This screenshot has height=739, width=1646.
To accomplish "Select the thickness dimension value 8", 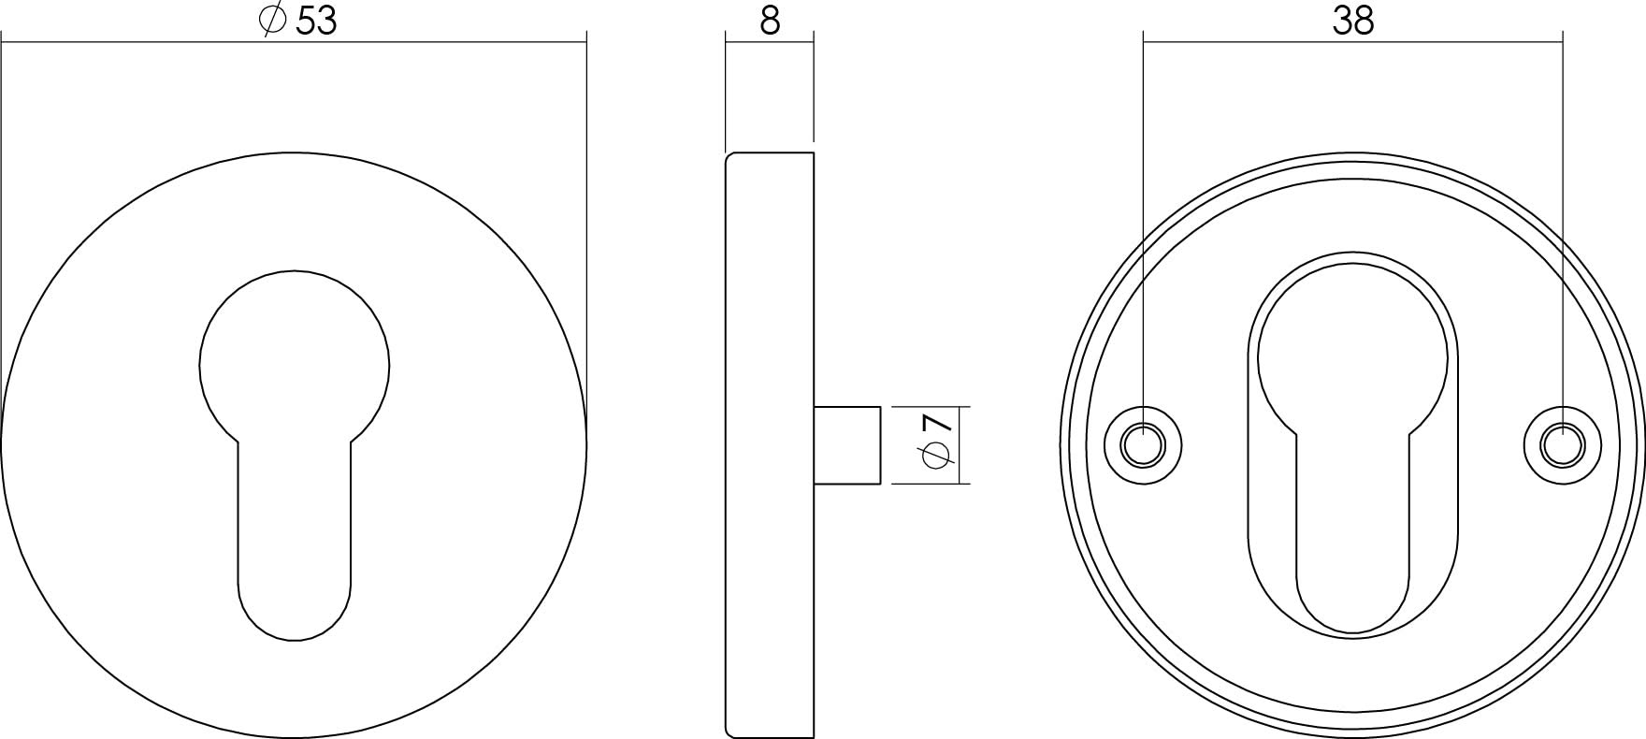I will pyautogui.click(x=769, y=21).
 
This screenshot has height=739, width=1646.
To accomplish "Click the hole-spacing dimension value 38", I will pyautogui.click(x=1352, y=21).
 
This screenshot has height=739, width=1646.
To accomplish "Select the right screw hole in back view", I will pyautogui.click(x=1561, y=445).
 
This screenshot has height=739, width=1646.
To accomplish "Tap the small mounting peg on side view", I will pyautogui.click(x=847, y=445).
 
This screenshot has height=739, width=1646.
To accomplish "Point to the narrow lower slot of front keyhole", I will pyautogui.click(x=294, y=543).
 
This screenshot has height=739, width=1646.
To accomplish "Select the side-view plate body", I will pyautogui.click(x=769, y=445).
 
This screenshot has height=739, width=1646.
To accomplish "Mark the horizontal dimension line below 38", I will pyautogui.click(x=1352, y=41).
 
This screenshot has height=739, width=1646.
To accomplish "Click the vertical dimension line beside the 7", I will pyautogui.click(x=961, y=445).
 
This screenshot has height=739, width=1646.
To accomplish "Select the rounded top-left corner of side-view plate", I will pyautogui.click(x=729, y=157).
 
